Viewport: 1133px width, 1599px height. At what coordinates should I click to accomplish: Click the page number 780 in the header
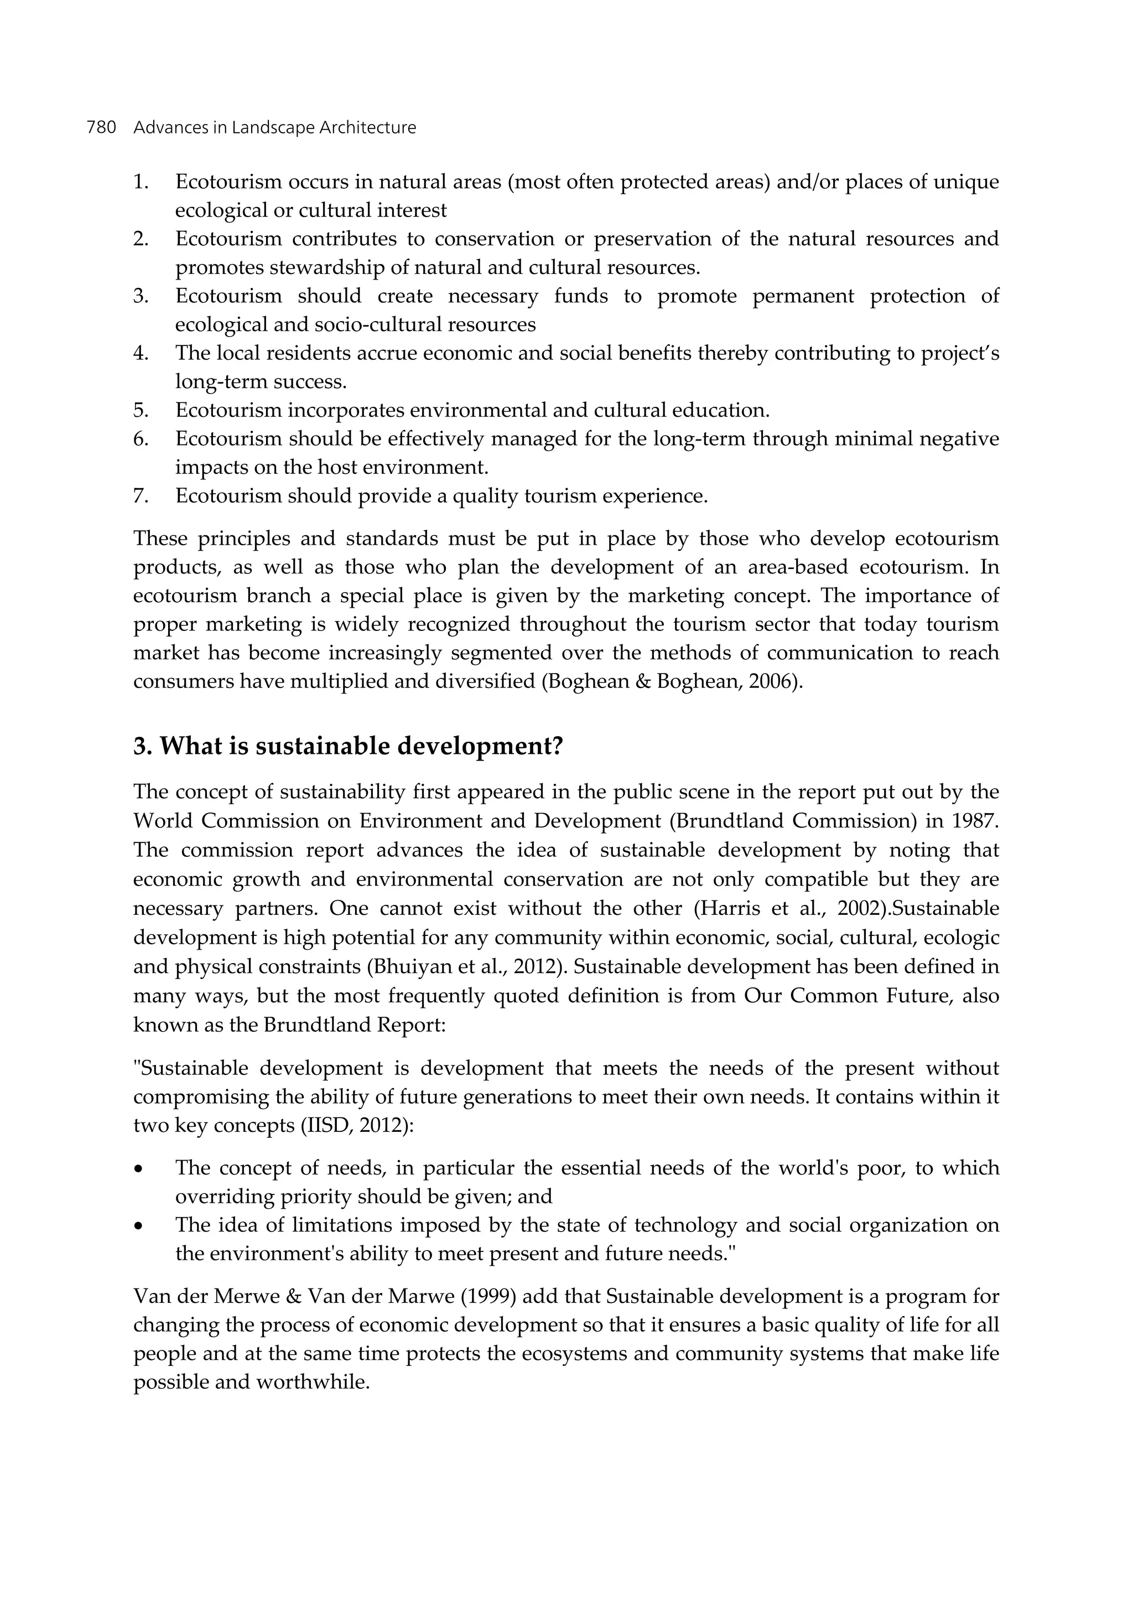click(101, 128)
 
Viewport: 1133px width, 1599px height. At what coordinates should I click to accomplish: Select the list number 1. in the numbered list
click(141, 182)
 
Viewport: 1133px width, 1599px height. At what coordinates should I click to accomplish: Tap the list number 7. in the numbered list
click(141, 496)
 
